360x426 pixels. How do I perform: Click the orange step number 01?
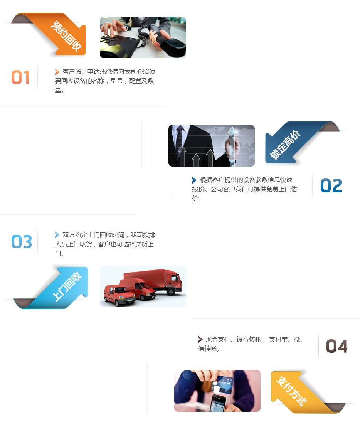20,77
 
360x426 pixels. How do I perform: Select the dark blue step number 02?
331,185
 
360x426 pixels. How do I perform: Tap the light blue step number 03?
22,241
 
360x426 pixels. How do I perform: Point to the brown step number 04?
336,346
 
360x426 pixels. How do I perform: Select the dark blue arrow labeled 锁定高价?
295,143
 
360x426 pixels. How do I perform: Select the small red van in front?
119,296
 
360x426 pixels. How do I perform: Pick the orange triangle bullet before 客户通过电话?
57,72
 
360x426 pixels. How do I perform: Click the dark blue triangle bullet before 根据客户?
194,180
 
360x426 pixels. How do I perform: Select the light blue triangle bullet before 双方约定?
57,235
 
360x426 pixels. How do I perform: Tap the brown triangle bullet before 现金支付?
200,339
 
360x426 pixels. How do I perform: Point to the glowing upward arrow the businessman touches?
232,145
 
